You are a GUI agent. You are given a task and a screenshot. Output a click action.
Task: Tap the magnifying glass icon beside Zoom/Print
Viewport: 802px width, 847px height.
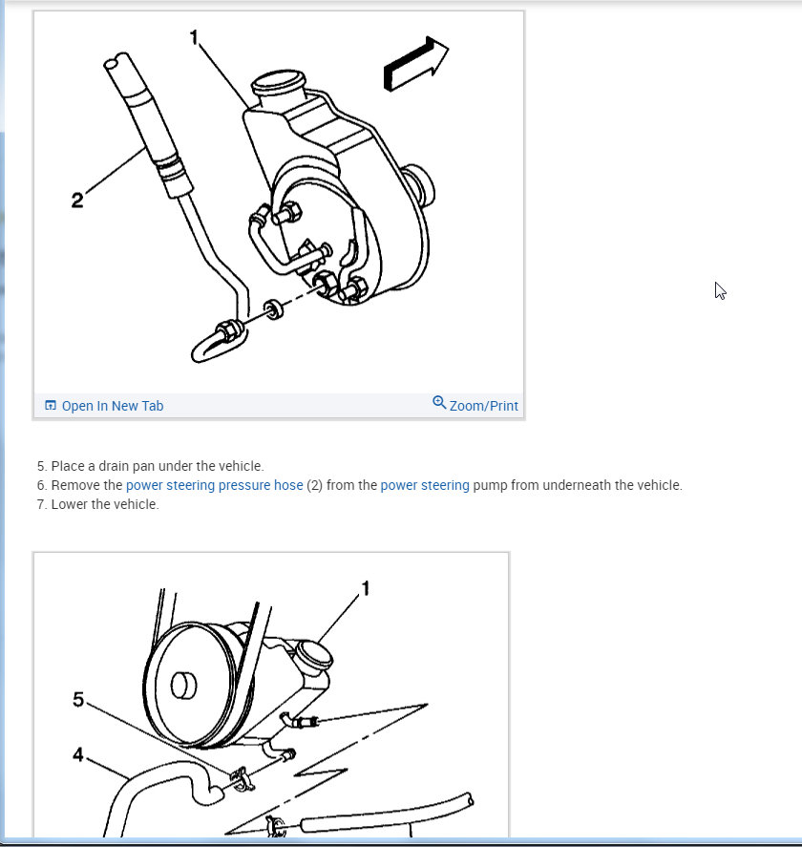tap(439, 402)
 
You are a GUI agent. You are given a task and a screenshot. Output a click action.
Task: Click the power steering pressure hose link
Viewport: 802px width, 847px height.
tap(215, 485)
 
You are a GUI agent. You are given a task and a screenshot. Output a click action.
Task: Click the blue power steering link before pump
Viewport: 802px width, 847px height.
tap(425, 485)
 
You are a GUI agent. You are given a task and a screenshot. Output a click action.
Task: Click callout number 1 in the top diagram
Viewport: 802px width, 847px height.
tap(195, 37)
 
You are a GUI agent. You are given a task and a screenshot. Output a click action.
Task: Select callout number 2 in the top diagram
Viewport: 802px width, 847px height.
tap(77, 200)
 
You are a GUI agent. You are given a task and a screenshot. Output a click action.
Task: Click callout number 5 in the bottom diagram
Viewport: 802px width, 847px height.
tap(78, 700)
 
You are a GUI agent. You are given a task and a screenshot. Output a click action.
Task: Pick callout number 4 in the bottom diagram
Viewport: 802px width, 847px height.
tap(78, 754)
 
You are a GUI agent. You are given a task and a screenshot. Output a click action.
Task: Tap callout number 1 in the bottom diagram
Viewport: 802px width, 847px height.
tap(366, 588)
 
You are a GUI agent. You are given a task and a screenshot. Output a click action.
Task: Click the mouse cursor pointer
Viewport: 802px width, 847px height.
tap(720, 290)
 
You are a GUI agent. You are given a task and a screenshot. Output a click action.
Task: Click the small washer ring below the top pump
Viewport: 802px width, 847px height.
tap(274, 309)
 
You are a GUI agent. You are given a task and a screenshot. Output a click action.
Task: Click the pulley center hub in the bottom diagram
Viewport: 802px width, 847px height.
tap(183, 686)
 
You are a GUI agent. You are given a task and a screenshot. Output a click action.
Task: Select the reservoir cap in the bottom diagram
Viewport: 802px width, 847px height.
tap(314, 654)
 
